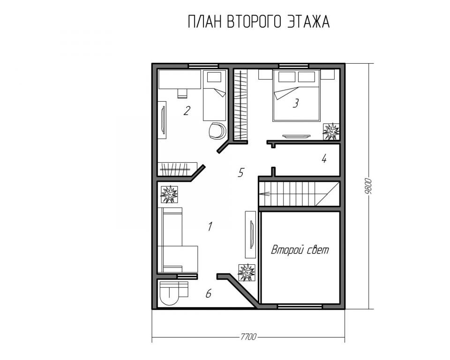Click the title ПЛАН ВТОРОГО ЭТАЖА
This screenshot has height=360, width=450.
(259, 22)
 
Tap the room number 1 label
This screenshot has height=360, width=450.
(210, 226)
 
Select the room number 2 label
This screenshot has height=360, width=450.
(187, 111)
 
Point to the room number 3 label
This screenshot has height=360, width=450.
(296, 103)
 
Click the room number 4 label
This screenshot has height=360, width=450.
(324, 158)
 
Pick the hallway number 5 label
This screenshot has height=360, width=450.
(241, 172)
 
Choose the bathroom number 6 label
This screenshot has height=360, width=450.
(209, 294)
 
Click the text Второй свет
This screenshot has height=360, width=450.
(300, 250)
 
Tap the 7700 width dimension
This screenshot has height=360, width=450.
(248, 336)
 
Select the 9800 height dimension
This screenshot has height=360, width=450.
(368, 187)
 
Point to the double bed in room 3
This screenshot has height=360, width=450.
(296, 95)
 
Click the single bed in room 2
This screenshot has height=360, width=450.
(214, 95)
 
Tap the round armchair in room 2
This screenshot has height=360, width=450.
(217, 131)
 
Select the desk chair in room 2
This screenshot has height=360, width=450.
(182, 93)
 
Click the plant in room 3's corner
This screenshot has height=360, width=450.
(331, 131)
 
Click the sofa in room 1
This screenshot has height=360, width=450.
(178, 240)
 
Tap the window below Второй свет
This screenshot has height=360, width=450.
(300, 307)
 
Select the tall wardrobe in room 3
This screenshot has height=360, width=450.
(240, 105)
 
